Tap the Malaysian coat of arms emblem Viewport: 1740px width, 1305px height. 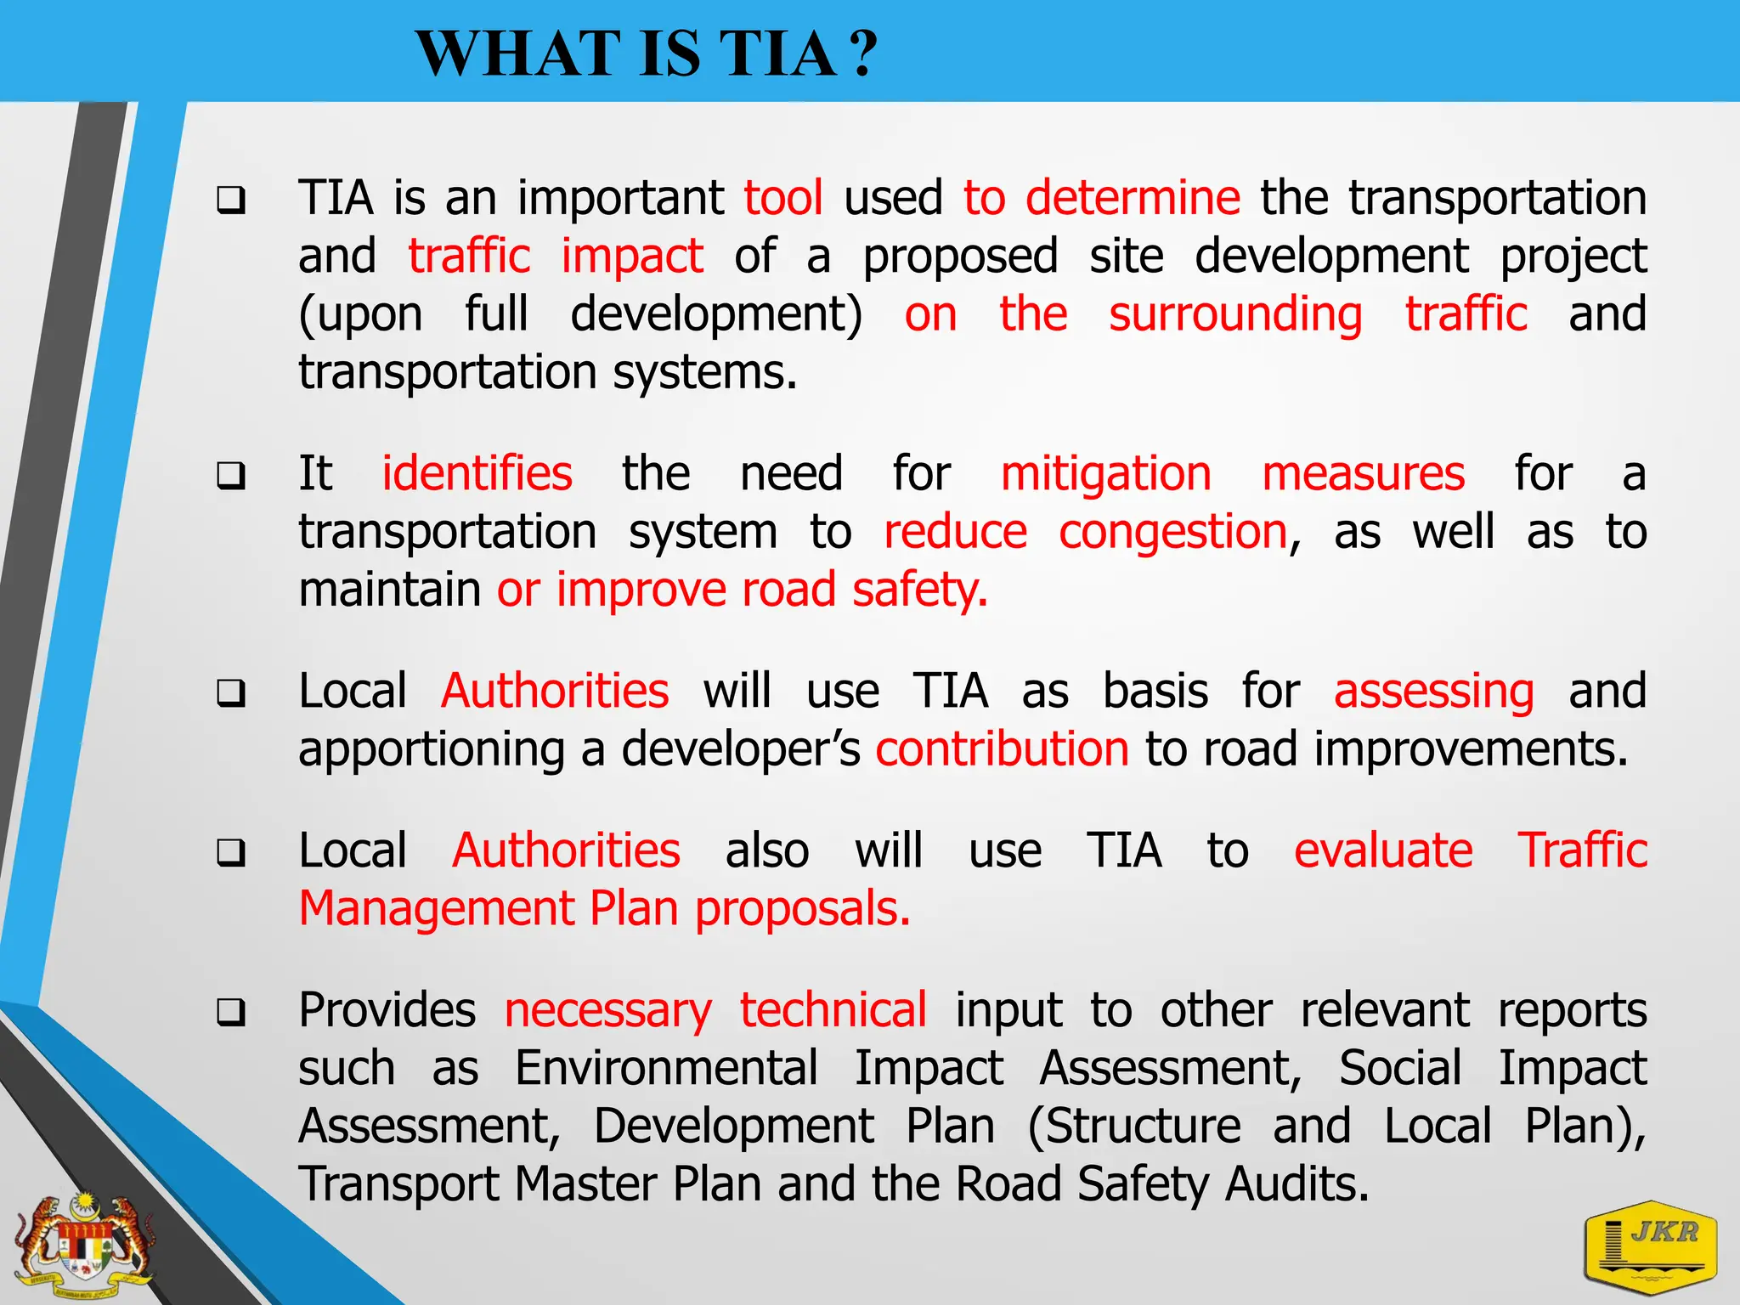85,1246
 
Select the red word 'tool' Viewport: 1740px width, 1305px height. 782,198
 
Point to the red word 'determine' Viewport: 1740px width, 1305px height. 1133,198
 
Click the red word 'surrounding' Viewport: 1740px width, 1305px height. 1235,314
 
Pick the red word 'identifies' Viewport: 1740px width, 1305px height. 477,473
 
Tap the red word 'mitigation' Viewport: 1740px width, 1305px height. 1105,473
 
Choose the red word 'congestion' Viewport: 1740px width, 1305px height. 1173,533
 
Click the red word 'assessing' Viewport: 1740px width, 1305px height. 1433,691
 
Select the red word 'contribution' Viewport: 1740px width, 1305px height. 1002,749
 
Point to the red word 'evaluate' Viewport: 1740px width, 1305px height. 1382,850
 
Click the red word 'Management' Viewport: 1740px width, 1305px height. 437,909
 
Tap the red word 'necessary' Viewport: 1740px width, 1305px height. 607,1010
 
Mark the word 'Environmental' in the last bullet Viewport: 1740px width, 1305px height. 666,1068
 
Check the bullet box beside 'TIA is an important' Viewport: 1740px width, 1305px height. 231,201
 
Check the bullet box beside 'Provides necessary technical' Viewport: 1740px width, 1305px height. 231,1013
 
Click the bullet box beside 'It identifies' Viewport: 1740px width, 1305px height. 231,476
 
